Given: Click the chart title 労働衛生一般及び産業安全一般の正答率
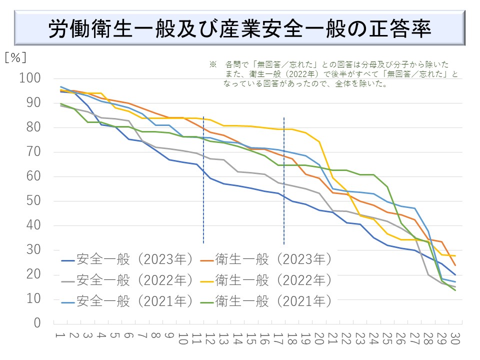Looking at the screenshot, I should [239, 29].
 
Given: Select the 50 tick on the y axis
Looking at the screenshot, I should [33, 201].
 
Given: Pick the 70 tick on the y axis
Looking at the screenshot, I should [33, 152].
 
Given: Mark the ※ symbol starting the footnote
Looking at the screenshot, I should [212, 65].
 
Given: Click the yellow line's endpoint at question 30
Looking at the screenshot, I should [455, 256].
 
